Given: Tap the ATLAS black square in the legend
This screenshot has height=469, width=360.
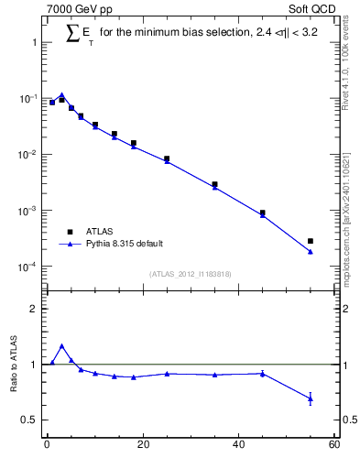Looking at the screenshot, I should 68,232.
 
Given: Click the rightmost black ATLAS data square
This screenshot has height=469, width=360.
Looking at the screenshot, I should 311,241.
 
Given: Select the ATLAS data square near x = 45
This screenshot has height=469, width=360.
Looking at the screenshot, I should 263,213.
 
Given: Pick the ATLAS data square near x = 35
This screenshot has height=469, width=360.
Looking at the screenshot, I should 214,184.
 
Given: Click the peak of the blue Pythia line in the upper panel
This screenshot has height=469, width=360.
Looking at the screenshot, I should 61,94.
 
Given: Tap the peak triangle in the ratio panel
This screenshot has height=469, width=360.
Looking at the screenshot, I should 61,346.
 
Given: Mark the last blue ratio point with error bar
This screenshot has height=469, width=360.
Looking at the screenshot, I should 311,398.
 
